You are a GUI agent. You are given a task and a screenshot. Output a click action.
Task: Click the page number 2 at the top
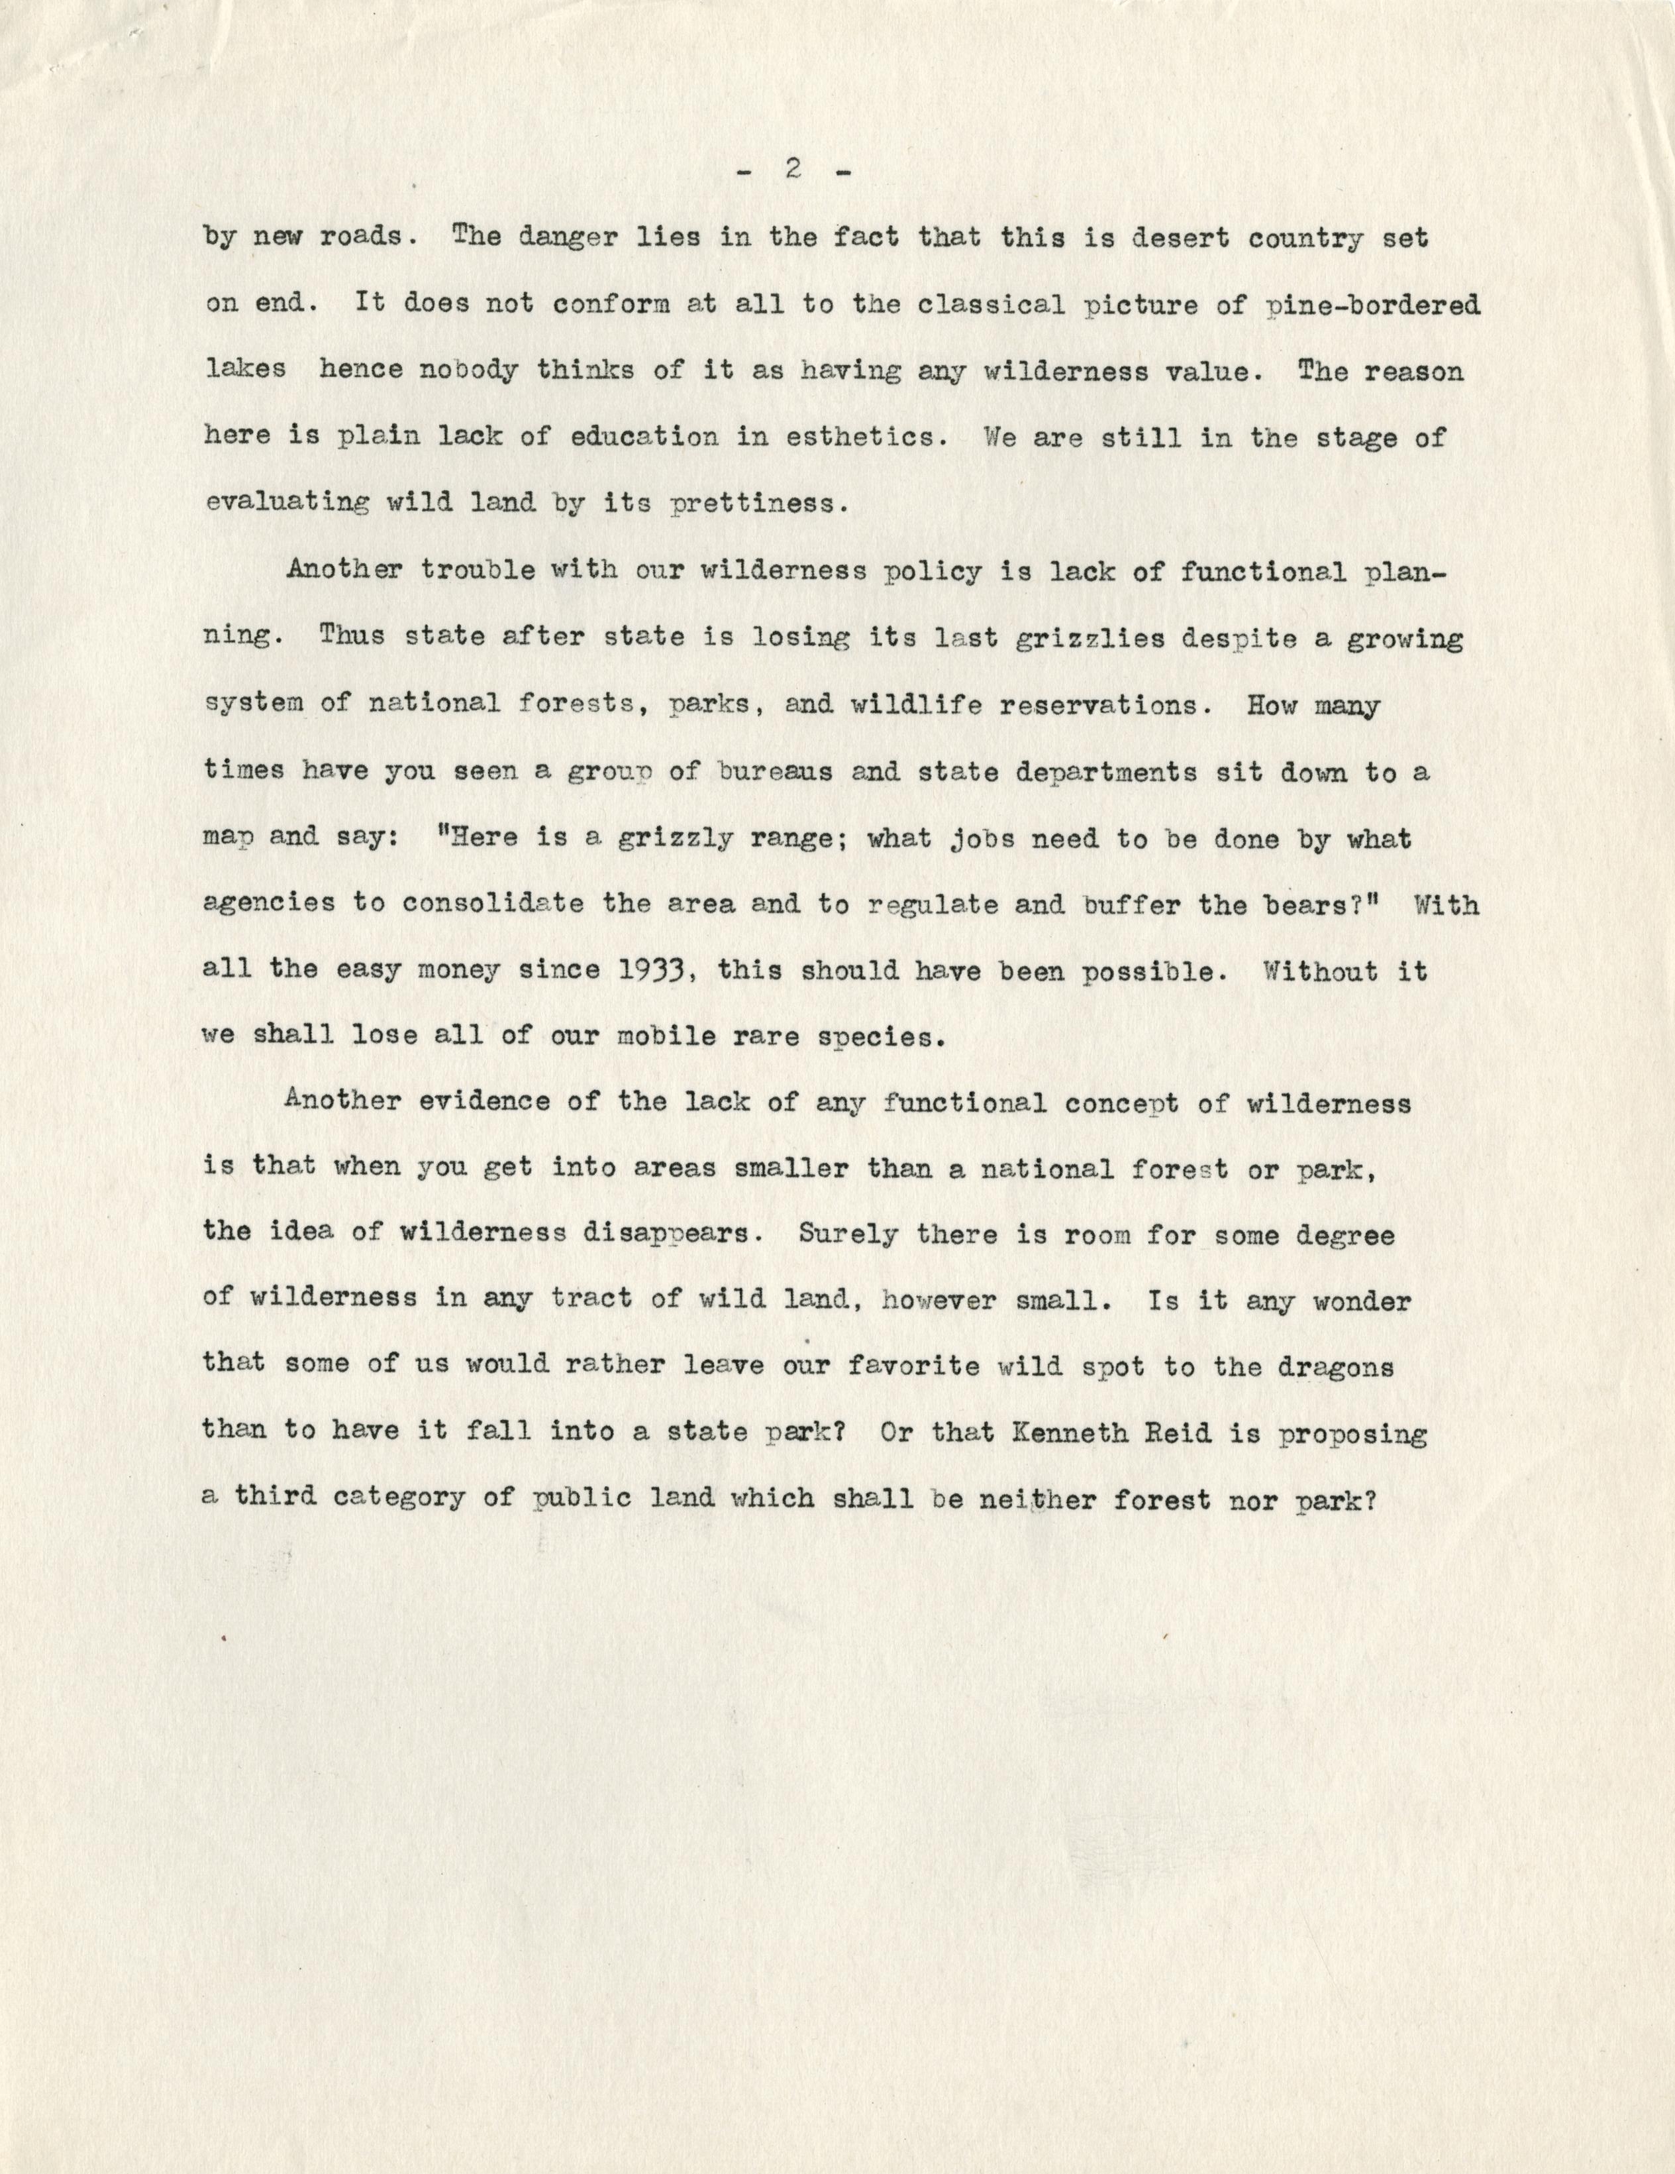[x=793, y=171]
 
